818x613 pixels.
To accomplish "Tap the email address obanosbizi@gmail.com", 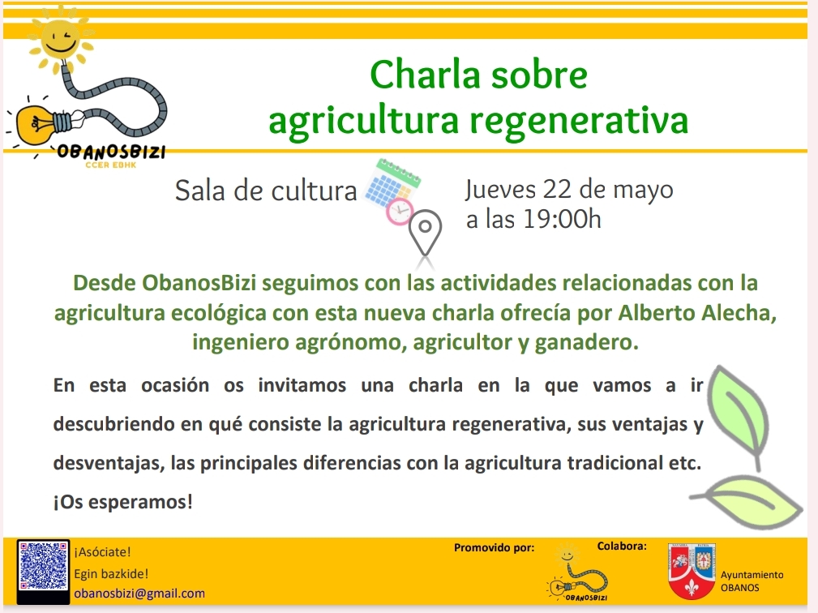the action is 139,594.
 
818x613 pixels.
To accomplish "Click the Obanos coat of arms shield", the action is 692,572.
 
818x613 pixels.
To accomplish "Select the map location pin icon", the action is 425,233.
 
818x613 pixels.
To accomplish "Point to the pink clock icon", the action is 400,212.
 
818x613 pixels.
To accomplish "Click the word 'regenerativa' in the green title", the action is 579,121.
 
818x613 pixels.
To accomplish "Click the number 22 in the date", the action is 558,190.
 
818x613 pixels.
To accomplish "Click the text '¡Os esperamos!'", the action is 123,502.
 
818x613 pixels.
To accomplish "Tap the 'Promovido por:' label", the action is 494,548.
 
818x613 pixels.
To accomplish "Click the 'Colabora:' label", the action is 622,547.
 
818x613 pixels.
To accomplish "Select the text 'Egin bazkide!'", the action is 111,574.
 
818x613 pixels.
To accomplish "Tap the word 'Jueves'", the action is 500,191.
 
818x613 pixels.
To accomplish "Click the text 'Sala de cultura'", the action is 266,191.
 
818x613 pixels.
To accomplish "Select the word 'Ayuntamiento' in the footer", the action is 752,575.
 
